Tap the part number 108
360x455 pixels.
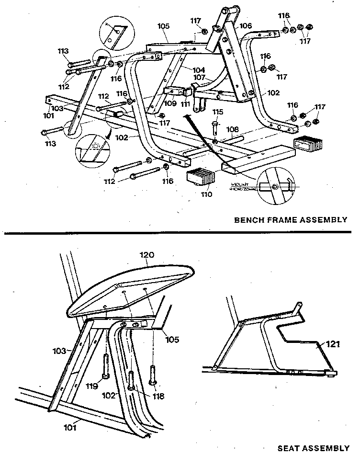[x=232, y=129]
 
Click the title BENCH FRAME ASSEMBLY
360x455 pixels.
[x=290, y=220]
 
